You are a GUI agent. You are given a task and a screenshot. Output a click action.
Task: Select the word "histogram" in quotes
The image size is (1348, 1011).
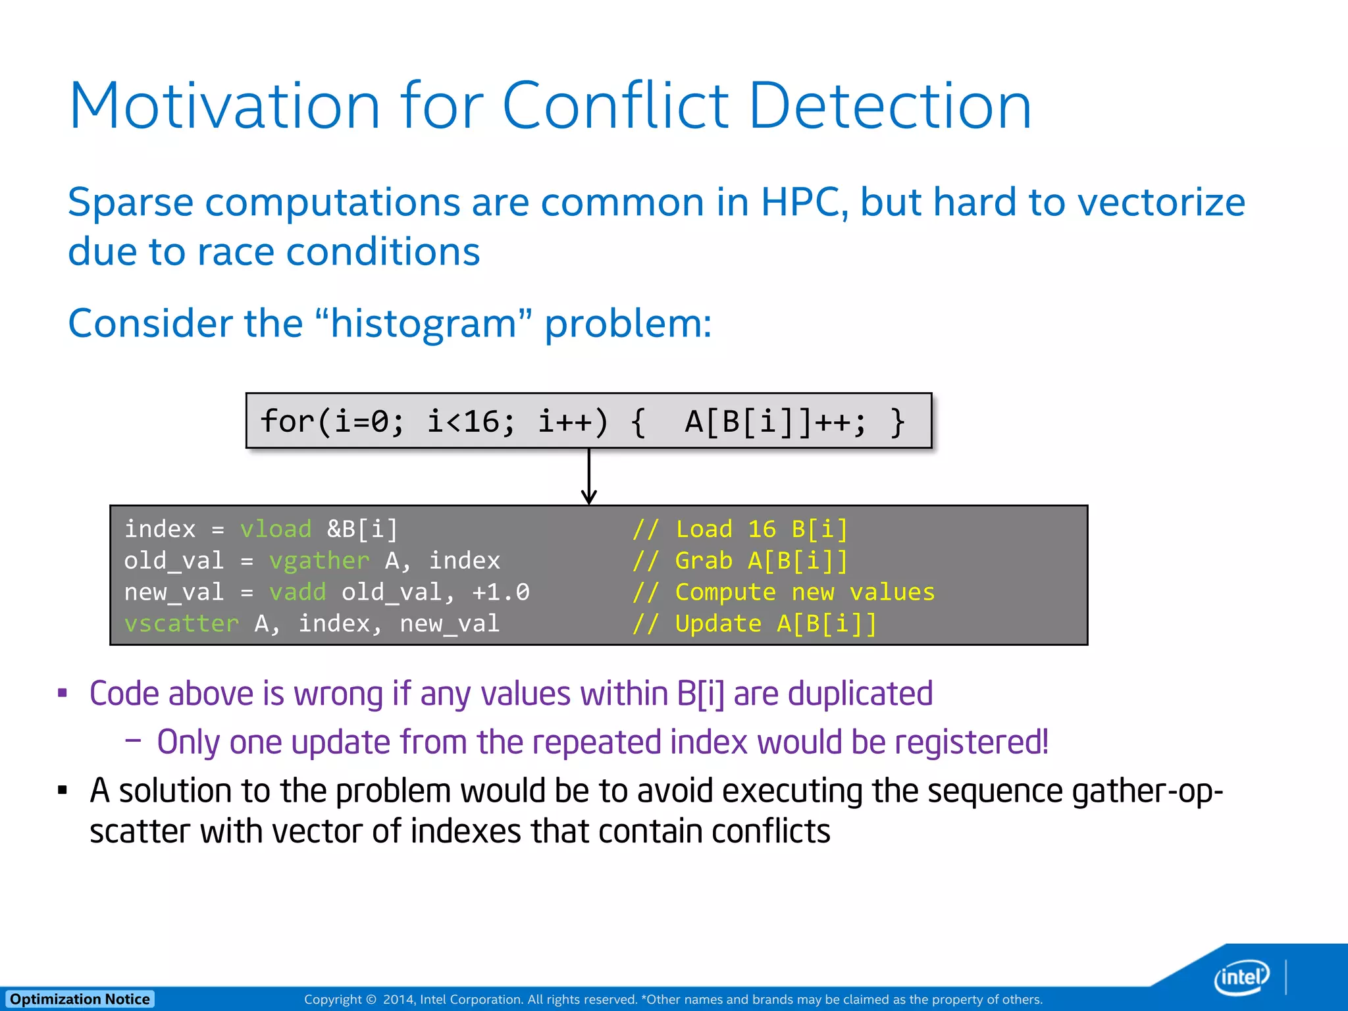pyautogui.click(x=423, y=324)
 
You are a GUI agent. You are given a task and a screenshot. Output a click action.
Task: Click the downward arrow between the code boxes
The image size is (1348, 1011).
pyautogui.click(x=589, y=477)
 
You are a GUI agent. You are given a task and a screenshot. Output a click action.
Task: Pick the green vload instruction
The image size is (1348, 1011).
pyautogui.click(x=275, y=529)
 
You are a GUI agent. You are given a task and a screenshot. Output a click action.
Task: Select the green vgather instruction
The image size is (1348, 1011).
pyautogui.click(x=319, y=561)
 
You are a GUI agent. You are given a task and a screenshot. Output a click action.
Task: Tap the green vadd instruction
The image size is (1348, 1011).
pyautogui.click(x=297, y=592)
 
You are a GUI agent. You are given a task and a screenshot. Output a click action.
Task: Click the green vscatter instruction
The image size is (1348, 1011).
pyautogui.click(x=181, y=623)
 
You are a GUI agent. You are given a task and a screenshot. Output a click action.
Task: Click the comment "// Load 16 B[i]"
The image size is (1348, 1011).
pyautogui.click(x=740, y=529)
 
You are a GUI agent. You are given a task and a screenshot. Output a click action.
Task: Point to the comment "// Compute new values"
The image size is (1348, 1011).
pyautogui.click(x=783, y=592)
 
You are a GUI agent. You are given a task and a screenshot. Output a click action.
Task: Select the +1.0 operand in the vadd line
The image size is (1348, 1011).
pyautogui.click(x=500, y=592)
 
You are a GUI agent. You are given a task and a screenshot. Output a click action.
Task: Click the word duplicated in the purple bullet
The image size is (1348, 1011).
pyautogui.click(x=860, y=694)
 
